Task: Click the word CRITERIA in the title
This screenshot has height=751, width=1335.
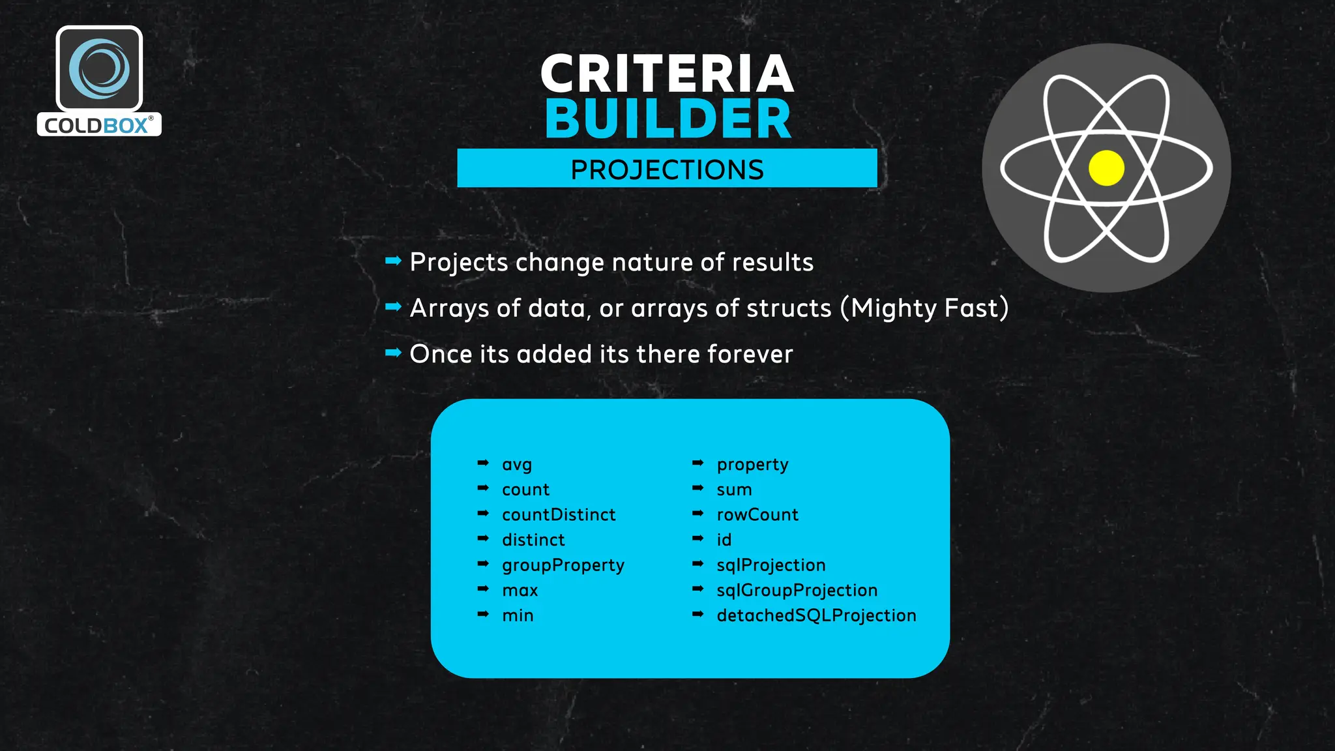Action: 667,74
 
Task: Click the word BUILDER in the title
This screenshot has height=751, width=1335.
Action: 668,119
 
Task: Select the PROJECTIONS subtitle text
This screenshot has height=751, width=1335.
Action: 667,169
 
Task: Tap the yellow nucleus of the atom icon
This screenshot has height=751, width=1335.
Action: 1106,168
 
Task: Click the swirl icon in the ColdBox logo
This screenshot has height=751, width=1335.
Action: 99,68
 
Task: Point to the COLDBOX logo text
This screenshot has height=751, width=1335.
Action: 96,125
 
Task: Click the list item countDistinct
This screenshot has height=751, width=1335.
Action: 559,515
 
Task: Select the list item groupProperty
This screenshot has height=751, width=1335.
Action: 563,565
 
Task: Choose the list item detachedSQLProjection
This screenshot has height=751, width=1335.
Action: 816,615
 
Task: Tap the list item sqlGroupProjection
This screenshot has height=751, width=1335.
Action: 797,591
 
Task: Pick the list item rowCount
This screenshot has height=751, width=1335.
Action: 757,515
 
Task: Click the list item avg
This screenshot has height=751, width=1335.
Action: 517,465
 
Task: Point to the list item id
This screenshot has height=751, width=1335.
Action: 724,540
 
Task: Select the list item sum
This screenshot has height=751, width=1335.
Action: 734,490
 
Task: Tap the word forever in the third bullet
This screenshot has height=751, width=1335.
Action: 750,354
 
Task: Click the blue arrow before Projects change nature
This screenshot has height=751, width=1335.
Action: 393,261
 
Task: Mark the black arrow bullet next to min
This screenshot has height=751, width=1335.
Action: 483,614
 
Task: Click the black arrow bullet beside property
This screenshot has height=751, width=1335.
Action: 697,463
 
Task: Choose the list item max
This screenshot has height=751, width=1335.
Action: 520,591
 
